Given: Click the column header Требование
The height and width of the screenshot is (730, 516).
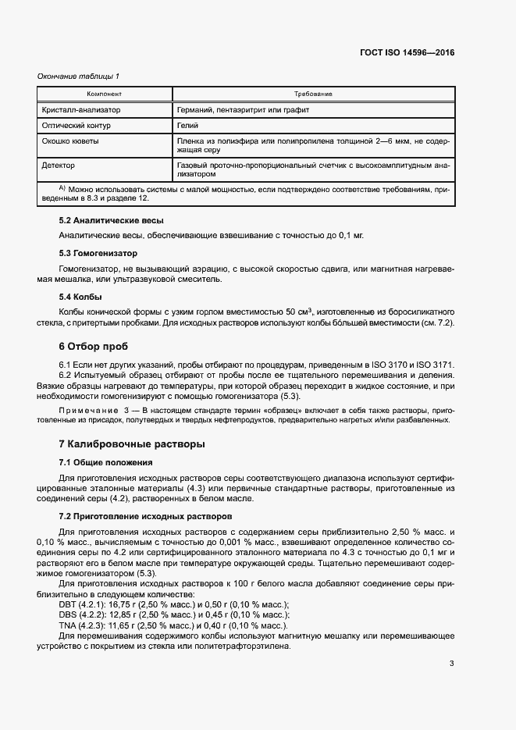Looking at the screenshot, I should tap(313, 94).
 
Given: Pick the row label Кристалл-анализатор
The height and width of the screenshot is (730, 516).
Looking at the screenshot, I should tap(82, 110).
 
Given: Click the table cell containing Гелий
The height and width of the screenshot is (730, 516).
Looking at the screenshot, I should tap(188, 125).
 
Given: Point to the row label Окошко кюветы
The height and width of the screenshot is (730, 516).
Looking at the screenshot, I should tap(70, 141).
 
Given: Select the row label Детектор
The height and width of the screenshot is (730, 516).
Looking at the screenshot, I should tap(61, 166).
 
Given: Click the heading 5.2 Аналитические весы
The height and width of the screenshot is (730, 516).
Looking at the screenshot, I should tap(111, 221).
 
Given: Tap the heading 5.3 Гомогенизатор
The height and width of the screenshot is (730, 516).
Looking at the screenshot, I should tap(98, 254).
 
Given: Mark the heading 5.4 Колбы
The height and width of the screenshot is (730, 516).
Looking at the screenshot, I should tap(80, 297).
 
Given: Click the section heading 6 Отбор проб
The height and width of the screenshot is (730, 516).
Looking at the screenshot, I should tap(94, 346).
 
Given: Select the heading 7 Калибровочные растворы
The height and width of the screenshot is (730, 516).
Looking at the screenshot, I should tap(132, 444).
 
